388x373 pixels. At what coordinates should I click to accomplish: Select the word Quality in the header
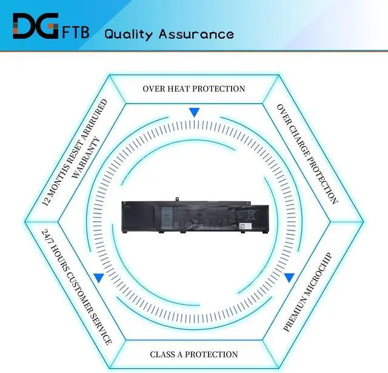pyautogui.click(x=129, y=33)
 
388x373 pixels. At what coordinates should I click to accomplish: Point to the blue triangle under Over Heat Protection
pyautogui.click(x=194, y=112)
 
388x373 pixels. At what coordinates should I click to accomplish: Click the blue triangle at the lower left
pyautogui.click(x=98, y=278)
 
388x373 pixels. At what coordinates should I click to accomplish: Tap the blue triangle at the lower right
pyautogui.click(x=290, y=278)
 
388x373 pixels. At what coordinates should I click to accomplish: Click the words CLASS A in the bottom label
pyautogui.click(x=169, y=354)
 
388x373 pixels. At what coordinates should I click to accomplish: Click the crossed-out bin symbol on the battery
pyautogui.click(x=252, y=214)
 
